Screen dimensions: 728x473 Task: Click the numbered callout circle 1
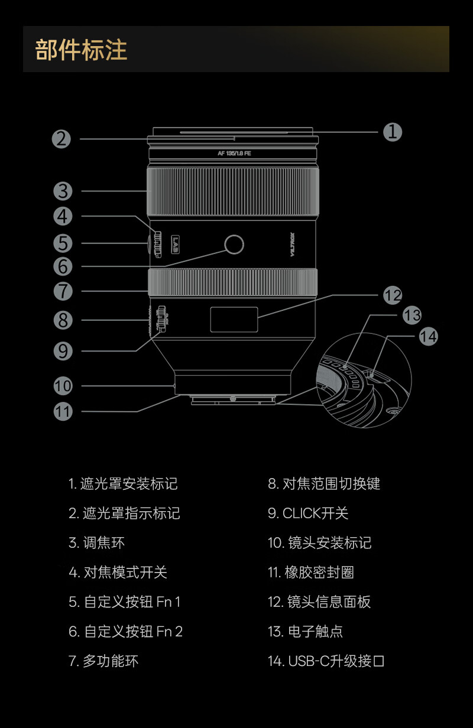point(392,131)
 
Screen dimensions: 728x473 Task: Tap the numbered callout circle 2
point(61,139)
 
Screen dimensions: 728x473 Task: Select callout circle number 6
point(63,266)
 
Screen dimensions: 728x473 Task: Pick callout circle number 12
point(392,295)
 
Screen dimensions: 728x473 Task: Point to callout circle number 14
point(428,336)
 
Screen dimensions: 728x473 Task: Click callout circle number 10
point(63,386)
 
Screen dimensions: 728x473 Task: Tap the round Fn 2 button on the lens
point(234,243)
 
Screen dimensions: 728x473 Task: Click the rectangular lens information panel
point(234,319)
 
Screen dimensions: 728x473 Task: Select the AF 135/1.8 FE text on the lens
point(234,153)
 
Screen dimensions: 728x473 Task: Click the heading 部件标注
point(82,50)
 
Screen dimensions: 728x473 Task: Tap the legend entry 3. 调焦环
point(96,542)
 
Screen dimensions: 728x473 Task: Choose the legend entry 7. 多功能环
point(103,661)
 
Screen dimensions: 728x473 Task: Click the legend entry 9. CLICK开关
point(308,513)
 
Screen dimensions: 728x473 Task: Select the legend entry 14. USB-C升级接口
point(326,661)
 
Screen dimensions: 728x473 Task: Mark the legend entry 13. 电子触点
point(305,631)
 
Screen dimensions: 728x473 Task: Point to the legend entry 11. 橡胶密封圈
point(311,572)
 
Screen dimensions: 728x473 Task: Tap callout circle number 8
point(63,320)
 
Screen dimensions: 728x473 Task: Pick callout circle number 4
point(63,216)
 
